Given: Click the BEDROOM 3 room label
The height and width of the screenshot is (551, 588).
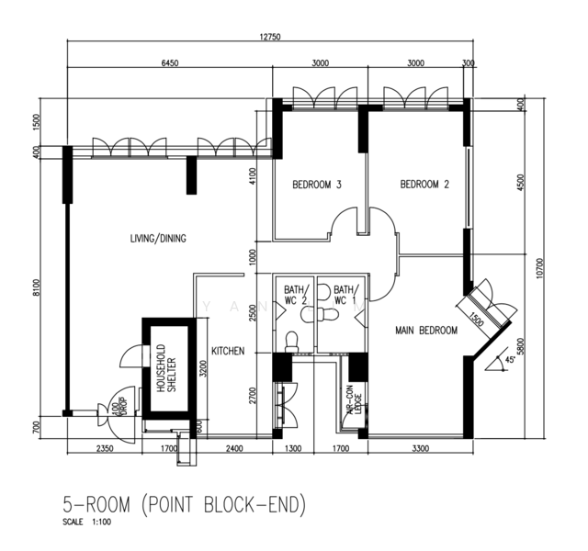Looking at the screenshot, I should [317, 185].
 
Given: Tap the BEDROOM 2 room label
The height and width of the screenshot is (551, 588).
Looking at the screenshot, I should [424, 185].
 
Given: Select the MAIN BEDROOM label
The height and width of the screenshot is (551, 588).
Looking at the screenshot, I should [425, 331].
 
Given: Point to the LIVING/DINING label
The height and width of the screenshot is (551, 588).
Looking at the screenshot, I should [158, 239].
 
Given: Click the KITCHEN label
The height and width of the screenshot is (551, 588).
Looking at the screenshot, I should [227, 352].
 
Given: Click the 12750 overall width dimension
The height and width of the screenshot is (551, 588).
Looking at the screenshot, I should [269, 37].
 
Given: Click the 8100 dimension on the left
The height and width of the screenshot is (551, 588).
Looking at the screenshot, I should [38, 287].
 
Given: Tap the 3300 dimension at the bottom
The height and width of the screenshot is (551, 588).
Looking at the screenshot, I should [419, 450].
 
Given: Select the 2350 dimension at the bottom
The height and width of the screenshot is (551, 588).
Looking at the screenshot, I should [105, 450].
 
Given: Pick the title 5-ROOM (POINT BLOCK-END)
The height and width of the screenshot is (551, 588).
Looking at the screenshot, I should [183, 504].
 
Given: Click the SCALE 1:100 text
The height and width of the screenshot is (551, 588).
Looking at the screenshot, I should [87, 523].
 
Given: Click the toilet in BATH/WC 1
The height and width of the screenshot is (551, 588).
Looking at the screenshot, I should [326, 314].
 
